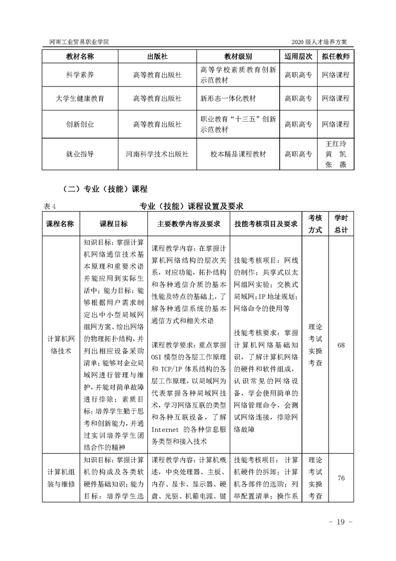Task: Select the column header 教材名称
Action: [80, 56]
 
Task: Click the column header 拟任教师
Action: [336, 56]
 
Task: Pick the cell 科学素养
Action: [80, 75]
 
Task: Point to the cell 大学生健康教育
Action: [80, 99]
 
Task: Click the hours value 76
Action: [341, 478]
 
